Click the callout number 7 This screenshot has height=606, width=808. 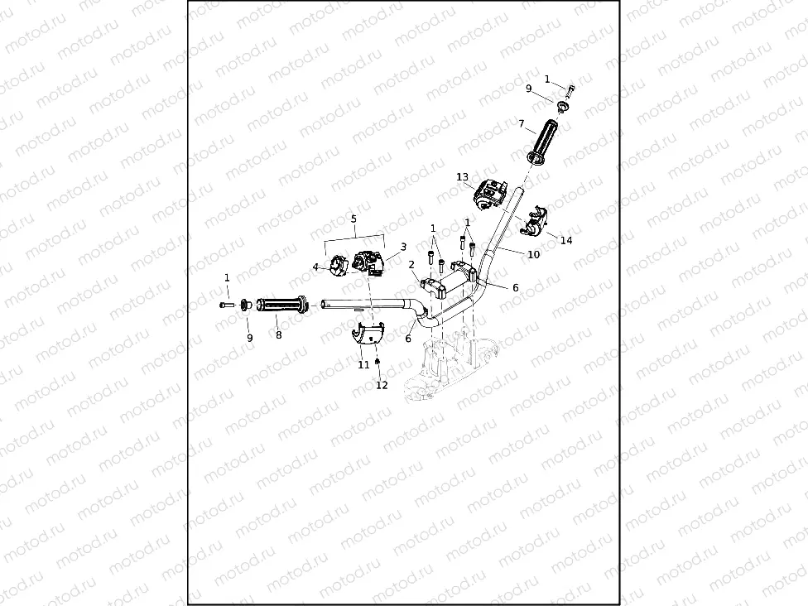[522, 124]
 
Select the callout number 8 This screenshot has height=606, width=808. [278, 335]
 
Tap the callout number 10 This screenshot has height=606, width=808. [533, 255]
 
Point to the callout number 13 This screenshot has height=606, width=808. [462, 177]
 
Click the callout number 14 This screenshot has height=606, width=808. [566, 241]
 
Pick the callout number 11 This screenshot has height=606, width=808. [363, 364]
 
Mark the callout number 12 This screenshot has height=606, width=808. [382, 385]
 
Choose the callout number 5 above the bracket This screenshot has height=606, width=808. [353, 219]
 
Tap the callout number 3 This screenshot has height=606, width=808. [403, 247]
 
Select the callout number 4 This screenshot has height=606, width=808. [315, 267]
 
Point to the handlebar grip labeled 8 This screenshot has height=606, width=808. [281, 305]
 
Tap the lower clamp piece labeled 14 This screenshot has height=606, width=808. [537, 218]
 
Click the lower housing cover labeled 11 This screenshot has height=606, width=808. [365, 334]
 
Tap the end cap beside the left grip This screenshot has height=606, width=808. [246, 305]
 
